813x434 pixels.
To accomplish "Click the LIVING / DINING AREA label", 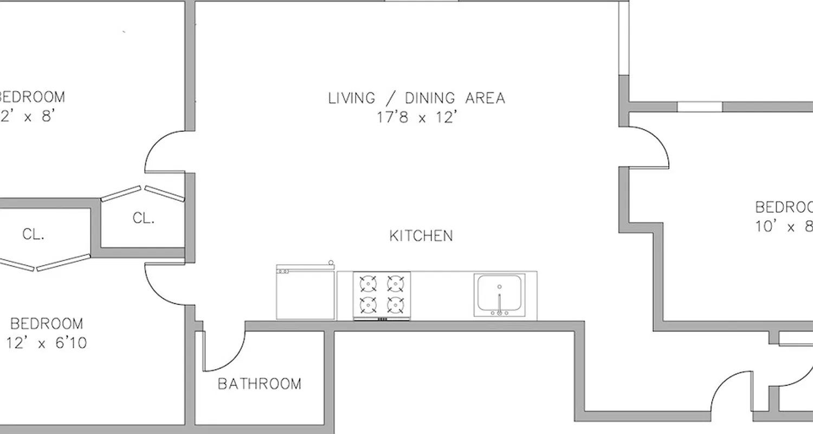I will (416, 98).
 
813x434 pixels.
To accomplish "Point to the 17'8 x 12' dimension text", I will (416, 118).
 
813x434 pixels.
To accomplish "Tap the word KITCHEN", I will (421, 236).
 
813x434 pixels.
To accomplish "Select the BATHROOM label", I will (259, 384).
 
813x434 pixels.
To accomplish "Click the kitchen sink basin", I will (499, 293).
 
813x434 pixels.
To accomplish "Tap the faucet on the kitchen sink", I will (499, 304).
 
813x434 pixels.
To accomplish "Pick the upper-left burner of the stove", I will (368, 283).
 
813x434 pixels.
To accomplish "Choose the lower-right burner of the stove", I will (396, 305).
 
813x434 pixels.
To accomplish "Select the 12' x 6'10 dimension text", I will (46, 343).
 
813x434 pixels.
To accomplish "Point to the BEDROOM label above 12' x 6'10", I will (47, 324).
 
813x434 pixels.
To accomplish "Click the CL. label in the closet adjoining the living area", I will (144, 218).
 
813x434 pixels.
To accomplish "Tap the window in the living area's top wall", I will (421, 2).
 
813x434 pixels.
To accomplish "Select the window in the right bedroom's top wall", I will (700, 106).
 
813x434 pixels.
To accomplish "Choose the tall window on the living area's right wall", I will (624, 38).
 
